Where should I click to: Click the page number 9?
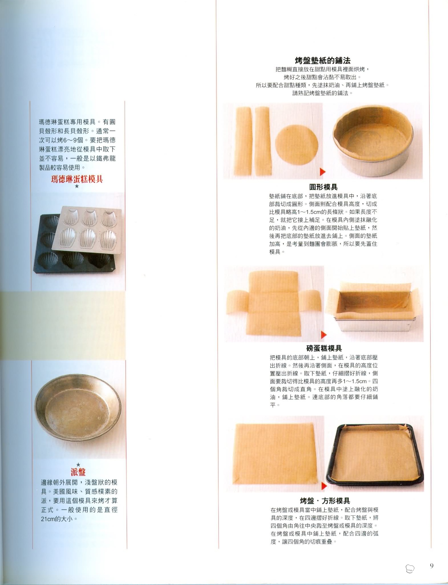tap(431, 565)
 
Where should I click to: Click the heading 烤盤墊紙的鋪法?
tap(323, 60)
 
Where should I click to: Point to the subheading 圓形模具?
tap(323, 187)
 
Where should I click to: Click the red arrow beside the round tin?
tap(323, 172)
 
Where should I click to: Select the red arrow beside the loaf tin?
tap(324, 334)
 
